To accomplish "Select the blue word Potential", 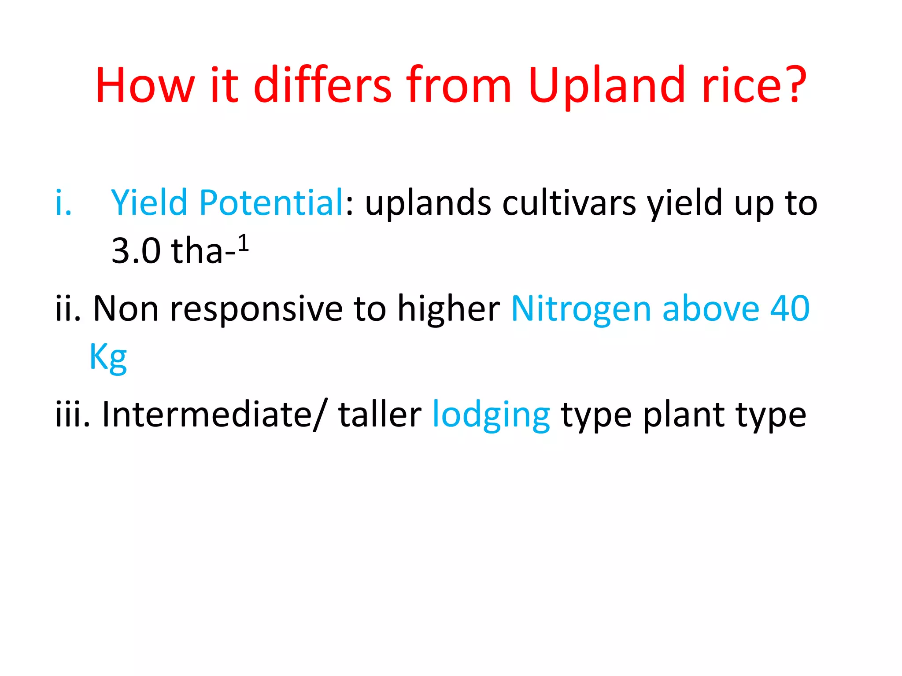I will [271, 202].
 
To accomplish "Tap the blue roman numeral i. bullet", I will [63, 203].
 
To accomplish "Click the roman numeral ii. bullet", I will [68, 309].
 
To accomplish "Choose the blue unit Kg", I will [108, 357].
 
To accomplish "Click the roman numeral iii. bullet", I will [72, 415].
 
